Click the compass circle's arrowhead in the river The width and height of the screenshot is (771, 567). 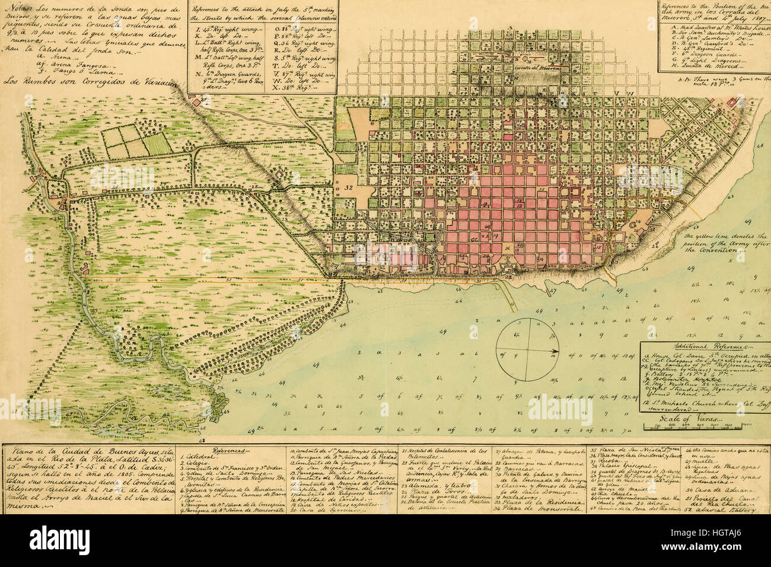click(555, 352)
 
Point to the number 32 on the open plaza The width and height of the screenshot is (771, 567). click(348, 186)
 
